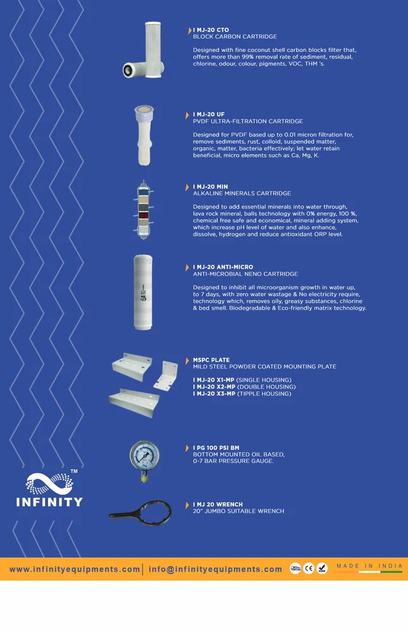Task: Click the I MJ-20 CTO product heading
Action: [211, 30]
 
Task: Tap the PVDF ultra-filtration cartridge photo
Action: [144, 135]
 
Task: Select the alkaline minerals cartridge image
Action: [143, 210]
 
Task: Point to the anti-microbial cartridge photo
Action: [143, 292]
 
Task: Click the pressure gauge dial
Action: [144, 456]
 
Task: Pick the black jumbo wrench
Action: [141, 513]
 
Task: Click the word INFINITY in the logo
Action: [49, 502]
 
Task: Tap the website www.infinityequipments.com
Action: [75, 569]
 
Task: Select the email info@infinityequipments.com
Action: [215, 569]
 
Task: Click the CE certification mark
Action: [309, 568]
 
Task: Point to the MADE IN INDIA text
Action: [369, 566]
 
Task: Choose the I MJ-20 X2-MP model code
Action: [214, 387]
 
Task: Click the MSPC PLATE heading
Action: [211, 360]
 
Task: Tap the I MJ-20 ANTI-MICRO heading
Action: [223, 267]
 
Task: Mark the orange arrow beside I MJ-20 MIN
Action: [187, 188]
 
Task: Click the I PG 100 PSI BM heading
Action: [216, 448]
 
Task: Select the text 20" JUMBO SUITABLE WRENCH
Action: [238, 511]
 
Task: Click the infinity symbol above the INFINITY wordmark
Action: [49, 483]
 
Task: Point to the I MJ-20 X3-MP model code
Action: [214, 394]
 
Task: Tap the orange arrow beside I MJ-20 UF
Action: [187, 115]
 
